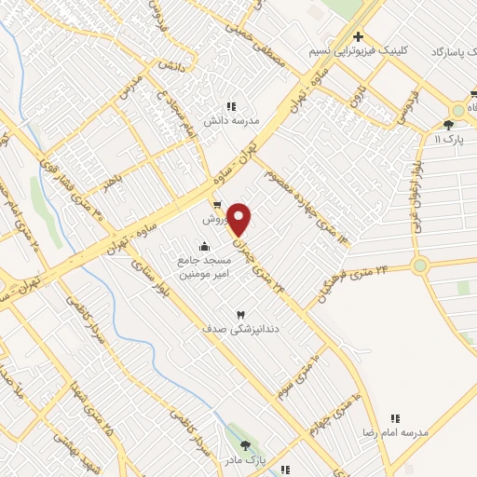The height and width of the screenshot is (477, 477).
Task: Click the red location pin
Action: (239, 220)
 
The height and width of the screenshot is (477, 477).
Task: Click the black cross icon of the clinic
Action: (358, 36)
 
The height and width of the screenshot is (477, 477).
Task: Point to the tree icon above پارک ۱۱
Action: (448, 124)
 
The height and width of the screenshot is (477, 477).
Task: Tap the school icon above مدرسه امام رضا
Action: (395, 420)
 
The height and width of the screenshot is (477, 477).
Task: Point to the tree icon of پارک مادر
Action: (244, 447)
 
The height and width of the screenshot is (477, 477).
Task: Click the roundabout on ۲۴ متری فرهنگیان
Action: (420, 265)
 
